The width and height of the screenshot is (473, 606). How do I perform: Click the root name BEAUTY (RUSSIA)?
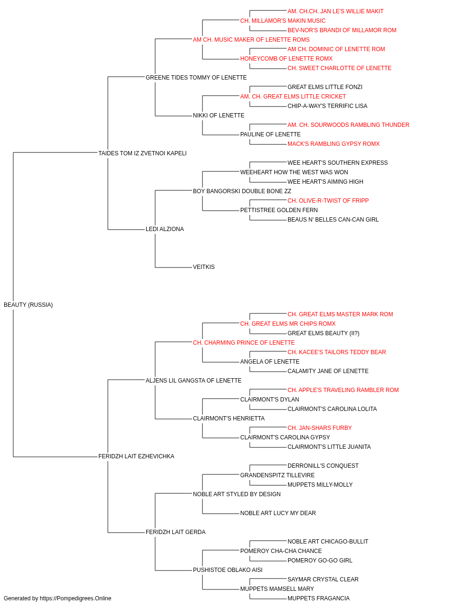tap(28, 304)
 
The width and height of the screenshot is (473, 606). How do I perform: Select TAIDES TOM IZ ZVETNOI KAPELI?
tap(142, 153)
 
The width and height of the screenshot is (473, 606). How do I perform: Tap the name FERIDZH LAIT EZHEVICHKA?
tap(136, 456)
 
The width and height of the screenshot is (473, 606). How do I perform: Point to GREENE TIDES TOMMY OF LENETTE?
tap(196, 77)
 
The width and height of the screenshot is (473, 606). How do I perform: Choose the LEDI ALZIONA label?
tap(165, 229)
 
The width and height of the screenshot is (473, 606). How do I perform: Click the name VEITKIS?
tap(204, 267)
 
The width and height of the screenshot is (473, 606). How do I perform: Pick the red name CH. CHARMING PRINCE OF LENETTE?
tap(244, 342)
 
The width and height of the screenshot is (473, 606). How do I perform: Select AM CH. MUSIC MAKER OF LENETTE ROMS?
tap(251, 40)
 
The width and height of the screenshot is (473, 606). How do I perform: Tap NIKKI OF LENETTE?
tap(219, 115)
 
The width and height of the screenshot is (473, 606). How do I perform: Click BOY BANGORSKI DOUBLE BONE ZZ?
tap(242, 191)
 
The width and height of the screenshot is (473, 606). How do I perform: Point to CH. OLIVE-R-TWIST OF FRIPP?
tap(328, 201)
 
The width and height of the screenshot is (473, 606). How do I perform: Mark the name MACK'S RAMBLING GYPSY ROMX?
tap(333, 143)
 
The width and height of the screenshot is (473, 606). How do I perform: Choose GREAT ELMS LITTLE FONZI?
tap(325, 87)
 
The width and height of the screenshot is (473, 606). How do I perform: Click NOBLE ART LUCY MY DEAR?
tap(278, 513)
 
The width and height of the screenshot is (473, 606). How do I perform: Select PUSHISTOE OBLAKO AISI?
tap(228, 570)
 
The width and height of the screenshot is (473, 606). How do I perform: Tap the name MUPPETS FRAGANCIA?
tap(318, 598)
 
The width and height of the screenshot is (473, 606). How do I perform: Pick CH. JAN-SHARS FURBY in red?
tap(320, 428)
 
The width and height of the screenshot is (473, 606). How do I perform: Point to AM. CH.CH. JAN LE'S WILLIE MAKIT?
tap(335, 11)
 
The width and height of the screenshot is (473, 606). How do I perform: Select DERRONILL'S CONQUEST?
tap(323, 466)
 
